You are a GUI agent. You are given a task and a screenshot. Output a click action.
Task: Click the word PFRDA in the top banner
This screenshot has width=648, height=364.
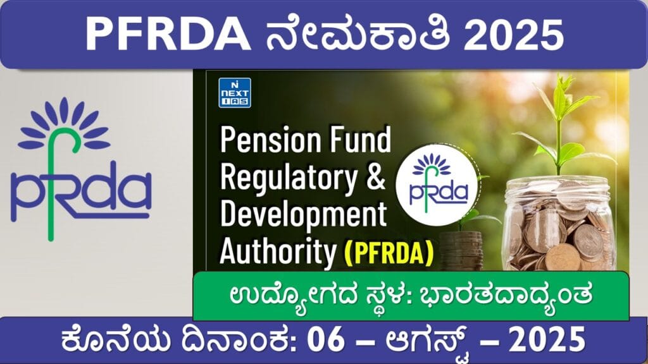(x=168, y=35)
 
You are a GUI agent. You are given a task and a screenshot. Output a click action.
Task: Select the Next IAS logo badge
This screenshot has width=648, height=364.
(x=235, y=93)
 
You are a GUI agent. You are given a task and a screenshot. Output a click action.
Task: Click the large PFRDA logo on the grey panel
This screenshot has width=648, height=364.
(x=80, y=169)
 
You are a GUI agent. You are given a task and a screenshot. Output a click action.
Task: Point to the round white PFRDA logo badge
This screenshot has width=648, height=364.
(x=437, y=185)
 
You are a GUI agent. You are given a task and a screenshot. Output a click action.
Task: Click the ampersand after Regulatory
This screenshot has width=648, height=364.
(x=376, y=178)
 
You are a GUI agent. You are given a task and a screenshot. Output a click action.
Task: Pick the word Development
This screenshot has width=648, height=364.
(x=303, y=215)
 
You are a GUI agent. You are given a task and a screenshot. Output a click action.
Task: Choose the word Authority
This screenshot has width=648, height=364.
(x=278, y=252)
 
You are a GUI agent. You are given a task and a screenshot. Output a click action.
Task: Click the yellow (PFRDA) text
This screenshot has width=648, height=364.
(x=389, y=252)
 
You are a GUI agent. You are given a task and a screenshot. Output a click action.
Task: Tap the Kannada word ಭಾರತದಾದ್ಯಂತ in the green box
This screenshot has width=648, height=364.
(x=506, y=296)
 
